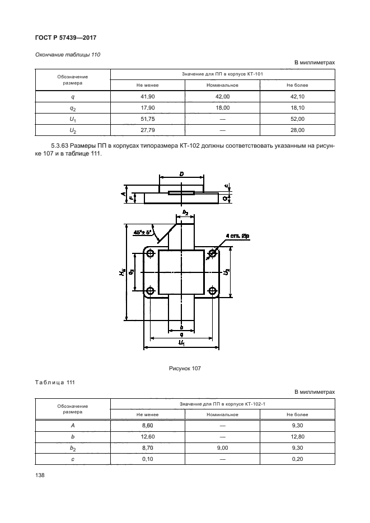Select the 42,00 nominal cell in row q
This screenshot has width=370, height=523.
(x=222, y=97)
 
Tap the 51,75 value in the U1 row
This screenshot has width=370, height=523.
(x=148, y=119)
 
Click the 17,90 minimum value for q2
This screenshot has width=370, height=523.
(x=148, y=108)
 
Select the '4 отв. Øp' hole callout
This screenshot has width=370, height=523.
(x=238, y=237)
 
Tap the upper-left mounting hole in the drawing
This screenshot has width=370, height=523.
(x=150, y=253)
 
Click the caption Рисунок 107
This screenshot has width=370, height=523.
(x=185, y=368)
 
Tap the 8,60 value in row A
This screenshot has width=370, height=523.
(x=148, y=426)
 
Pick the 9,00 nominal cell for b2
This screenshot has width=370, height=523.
(x=222, y=448)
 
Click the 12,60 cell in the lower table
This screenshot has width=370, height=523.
(x=148, y=437)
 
